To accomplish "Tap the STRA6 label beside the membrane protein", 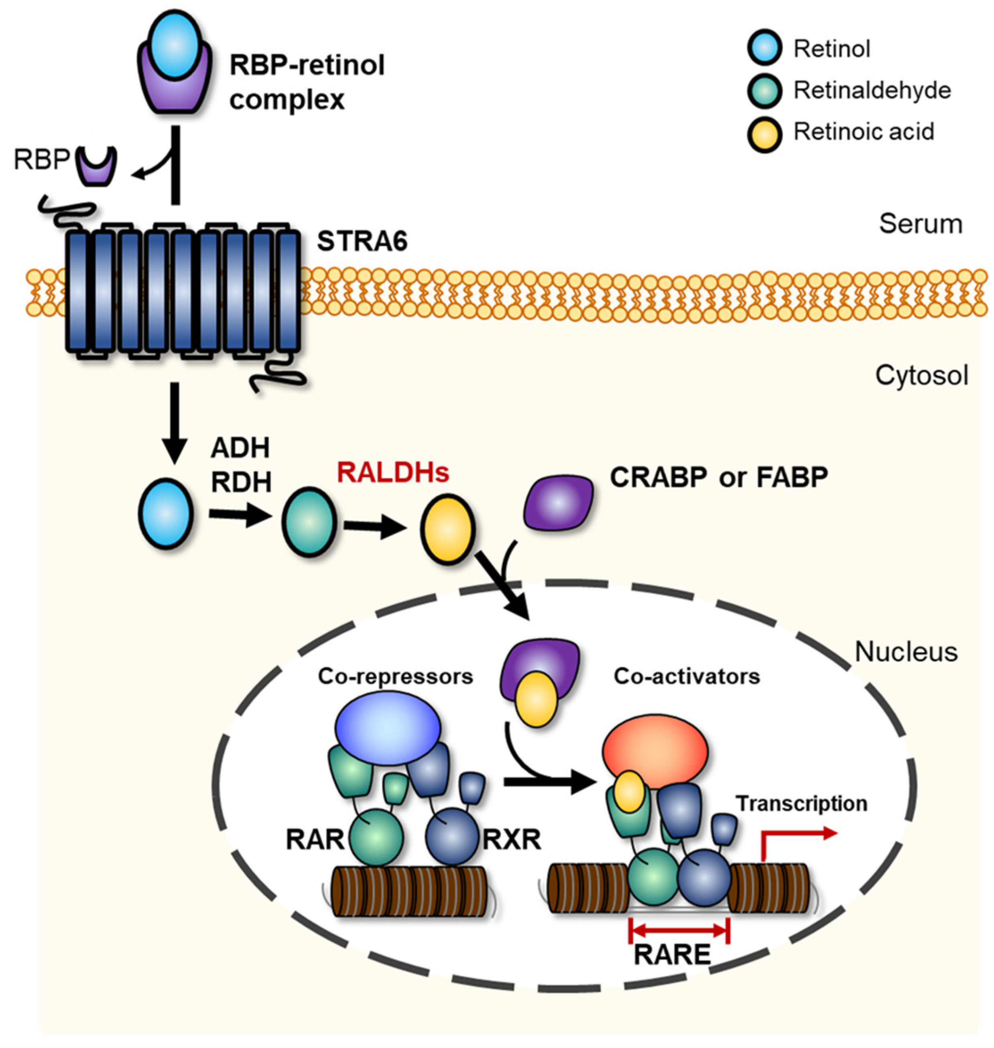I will point(362,242).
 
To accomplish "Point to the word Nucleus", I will point(906,652).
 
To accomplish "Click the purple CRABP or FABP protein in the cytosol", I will point(559,502).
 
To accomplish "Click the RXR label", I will point(512,840).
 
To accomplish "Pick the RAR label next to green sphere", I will point(315,840).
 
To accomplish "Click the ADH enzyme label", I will point(240,448).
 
